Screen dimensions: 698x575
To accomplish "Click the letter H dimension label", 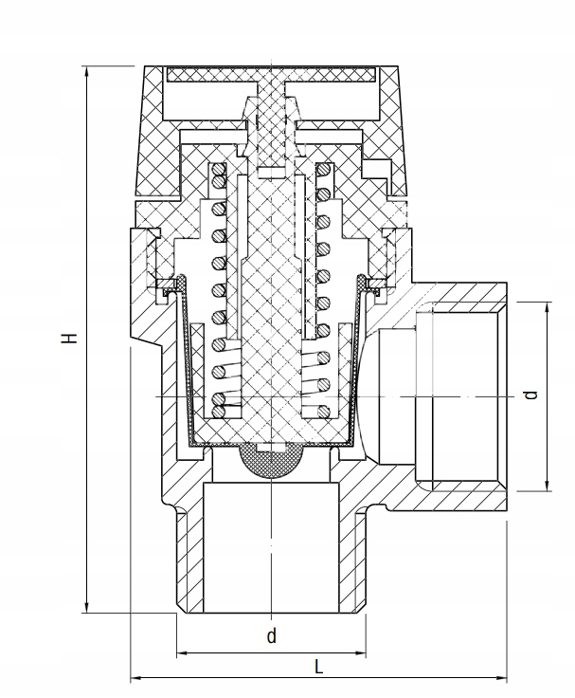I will [68, 339].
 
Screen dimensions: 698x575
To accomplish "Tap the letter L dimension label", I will [319, 667].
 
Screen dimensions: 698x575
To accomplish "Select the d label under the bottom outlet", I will [271, 636].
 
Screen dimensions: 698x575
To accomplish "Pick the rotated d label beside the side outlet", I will [531, 394].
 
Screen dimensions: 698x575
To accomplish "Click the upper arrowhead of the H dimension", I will [87, 72].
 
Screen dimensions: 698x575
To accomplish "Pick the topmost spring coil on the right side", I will [323, 172].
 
